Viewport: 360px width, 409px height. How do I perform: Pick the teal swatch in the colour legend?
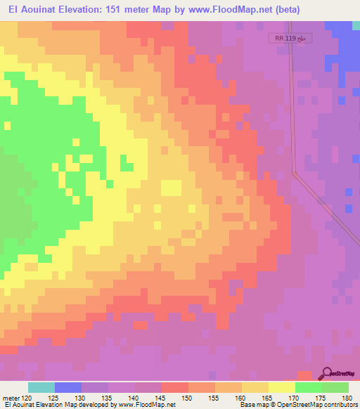(41, 387)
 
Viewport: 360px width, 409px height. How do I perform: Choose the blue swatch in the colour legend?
(68, 387)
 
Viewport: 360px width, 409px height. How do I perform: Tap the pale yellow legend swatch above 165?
(255, 387)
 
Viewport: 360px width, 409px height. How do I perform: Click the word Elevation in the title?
(86, 10)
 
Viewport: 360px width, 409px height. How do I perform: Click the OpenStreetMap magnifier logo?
(328, 375)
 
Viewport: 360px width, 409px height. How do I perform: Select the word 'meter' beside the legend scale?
(11, 397)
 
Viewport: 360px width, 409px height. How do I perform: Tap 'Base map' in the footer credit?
(252, 405)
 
